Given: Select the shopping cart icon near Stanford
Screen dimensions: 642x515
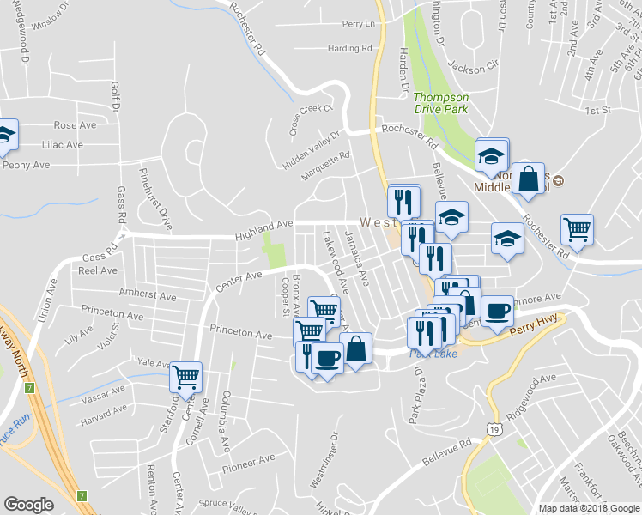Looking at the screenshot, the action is (x=185, y=376).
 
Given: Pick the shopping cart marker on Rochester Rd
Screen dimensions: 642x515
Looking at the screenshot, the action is (x=577, y=229).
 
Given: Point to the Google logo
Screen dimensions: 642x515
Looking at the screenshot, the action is (x=28, y=505).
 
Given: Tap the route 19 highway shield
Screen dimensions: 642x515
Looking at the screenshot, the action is (x=494, y=427).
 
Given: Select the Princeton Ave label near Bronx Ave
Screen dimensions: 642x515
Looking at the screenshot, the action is (x=240, y=332).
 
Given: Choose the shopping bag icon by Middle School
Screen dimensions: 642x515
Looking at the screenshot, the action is (x=530, y=179).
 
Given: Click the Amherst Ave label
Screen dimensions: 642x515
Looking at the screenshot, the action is (x=148, y=295).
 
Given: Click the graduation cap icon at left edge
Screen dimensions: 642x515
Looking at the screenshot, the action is (x=5, y=134).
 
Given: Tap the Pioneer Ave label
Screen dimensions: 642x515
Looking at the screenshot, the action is (x=248, y=463).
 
